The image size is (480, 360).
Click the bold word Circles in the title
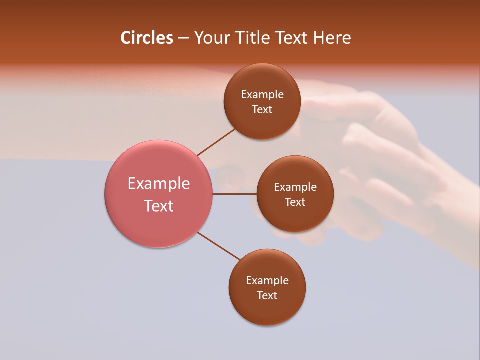pyautogui.click(x=147, y=38)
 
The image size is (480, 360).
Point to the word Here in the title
pyautogui.click(x=332, y=38)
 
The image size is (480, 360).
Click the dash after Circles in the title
pyautogui.click(x=183, y=38)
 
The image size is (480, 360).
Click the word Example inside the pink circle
pyautogui.click(x=159, y=184)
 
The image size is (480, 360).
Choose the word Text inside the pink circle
pyautogui.click(x=159, y=206)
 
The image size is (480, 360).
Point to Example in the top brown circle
pyautogui.click(x=262, y=95)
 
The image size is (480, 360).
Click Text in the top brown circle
pyautogui.click(x=262, y=110)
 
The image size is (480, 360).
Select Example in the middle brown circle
pyautogui.click(x=295, y=187)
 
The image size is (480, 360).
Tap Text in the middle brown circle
pyautogui.click(x=295, y=202)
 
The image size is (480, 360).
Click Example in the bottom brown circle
pyautogui.click(x=267, y=281)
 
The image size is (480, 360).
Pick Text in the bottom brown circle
pyautogui.click(x=267, y=296)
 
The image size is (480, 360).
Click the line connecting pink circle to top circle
pyautogui.click(x=216, y=142)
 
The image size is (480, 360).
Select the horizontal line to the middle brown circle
pyautogui.click(x=234, y=194)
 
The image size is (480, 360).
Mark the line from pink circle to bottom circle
pyautogui.click(x=219, y=246)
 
